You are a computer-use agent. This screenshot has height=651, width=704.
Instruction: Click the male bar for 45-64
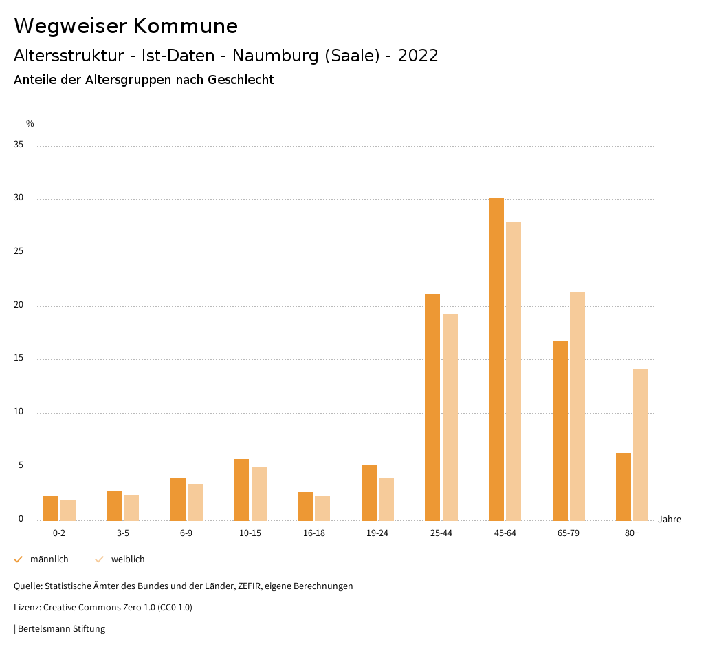pos(496,359)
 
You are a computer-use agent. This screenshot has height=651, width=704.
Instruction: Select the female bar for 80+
pos(641,445)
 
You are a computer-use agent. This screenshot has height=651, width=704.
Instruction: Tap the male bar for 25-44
pos(432,407)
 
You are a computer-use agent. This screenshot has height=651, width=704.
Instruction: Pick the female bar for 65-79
pos(577,406)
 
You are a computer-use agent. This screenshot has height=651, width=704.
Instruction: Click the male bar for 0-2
pos(51,509)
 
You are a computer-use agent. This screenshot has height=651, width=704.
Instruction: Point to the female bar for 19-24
pos(386,500)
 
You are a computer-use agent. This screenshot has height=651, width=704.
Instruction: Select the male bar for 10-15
pos(241,490)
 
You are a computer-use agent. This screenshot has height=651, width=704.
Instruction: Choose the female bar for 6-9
pos(195,502)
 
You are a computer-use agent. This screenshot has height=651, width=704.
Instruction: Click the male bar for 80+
pos(624,487)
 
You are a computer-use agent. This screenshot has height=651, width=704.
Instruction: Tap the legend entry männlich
pos(49,559)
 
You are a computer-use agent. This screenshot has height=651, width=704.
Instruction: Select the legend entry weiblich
pos(128,559)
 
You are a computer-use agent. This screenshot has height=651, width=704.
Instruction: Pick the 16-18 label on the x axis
pos(313,533)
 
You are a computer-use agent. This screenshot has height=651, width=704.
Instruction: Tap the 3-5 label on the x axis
pos(123,533)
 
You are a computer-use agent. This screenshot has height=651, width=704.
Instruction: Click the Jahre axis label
pos(669,520)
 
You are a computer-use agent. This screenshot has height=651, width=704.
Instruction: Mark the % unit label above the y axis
pos(30,124)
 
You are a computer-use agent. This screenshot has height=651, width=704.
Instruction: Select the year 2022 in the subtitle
pos(418,56)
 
